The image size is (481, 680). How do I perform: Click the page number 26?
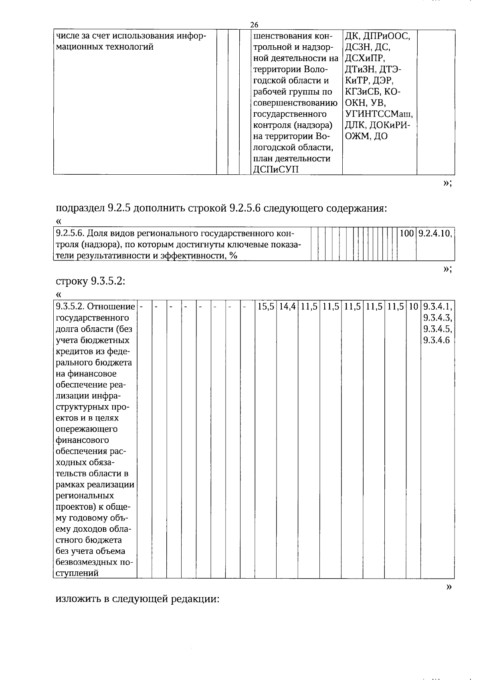pos(254,25)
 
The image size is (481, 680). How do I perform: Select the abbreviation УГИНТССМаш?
pos(379,114)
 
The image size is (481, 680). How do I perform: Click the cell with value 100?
pos(406,233)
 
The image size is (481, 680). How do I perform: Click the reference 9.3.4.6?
pos(437,341)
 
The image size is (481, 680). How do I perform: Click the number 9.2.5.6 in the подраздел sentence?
pos(245,208)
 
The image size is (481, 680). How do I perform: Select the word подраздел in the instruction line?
pos(80,209)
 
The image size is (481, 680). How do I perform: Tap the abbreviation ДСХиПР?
pos(364,59)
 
